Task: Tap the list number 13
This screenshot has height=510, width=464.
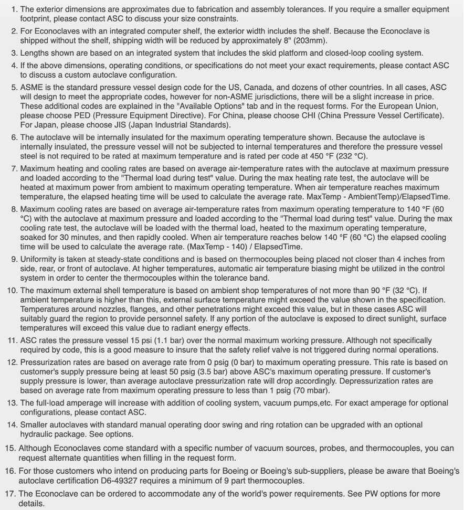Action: coord(12,403)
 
